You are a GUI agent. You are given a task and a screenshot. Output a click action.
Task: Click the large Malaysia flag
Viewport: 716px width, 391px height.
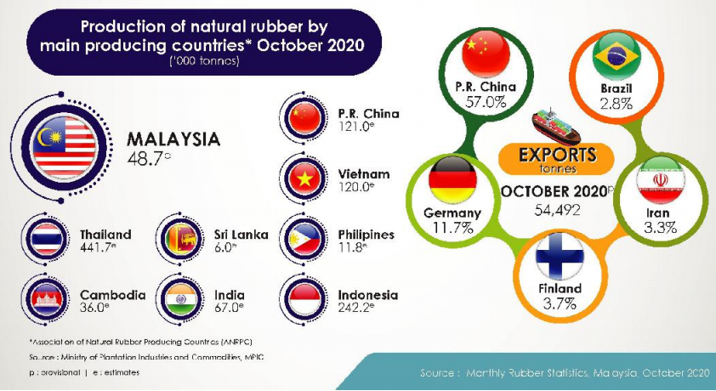(65, 148)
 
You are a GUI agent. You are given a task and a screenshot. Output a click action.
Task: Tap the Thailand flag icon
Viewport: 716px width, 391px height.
(47, 239)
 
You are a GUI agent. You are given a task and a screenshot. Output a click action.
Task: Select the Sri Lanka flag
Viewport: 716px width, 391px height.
(181, 239)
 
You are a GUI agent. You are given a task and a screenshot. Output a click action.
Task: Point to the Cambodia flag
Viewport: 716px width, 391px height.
(47, 299)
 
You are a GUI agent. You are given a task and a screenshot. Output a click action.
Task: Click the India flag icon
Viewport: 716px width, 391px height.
(181, 299)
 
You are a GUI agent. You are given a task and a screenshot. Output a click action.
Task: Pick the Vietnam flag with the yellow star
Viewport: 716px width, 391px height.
(304, 178)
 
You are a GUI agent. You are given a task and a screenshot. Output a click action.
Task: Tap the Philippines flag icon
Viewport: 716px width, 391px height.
(304, 239)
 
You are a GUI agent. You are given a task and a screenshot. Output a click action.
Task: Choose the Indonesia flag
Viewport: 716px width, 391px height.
(304, 299)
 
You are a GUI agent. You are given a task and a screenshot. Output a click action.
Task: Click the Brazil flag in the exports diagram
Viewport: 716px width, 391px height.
(617, 55)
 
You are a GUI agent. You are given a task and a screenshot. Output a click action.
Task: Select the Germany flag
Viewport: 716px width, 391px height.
(452, 179)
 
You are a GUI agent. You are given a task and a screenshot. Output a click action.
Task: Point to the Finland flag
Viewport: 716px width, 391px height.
(560, 256)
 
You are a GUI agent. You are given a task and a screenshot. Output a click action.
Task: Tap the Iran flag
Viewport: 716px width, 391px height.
(660, 179)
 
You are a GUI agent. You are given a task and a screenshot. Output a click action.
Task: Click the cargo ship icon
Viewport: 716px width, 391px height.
(556, 127)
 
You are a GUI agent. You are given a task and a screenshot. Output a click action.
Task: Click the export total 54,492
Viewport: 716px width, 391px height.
(557, 209)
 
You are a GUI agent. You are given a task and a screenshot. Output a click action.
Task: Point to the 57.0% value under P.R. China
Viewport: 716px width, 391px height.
(486, 102)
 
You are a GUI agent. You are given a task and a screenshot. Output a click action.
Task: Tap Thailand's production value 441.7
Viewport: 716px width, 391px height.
(95, 247)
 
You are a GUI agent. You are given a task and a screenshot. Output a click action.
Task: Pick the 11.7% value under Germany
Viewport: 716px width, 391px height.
(452, 227)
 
